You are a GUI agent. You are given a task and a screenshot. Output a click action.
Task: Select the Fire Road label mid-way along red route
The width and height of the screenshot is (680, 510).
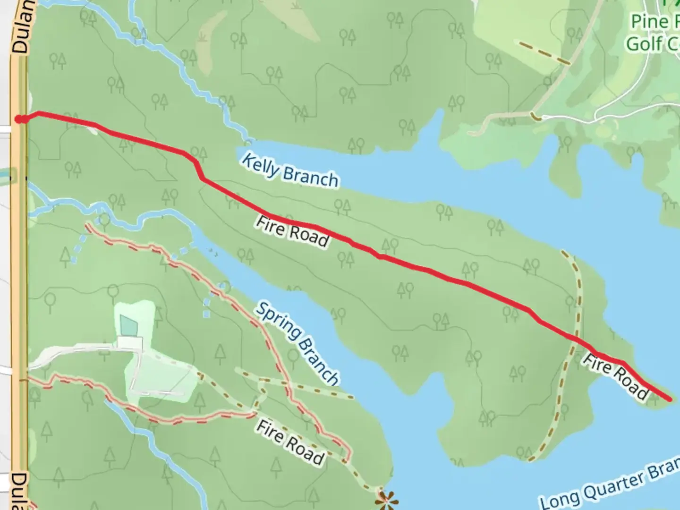pyautogui.click(x=292, y=232)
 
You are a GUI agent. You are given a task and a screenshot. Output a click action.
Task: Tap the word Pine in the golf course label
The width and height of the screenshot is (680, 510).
pyautogui.click(x=650, y=21)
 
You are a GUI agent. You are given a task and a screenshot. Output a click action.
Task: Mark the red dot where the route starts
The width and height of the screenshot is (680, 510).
pyautogui.click(x=19, y=119)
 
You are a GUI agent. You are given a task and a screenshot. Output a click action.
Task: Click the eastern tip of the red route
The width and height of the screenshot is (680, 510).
pyautogui.click(x=670, y=399)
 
